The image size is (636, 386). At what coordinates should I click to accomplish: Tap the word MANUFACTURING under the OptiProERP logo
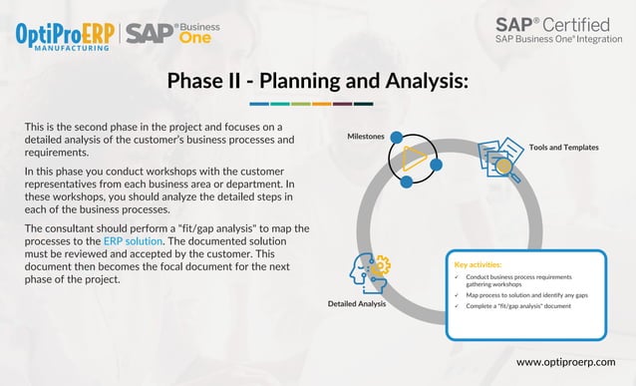(x=66, y=47)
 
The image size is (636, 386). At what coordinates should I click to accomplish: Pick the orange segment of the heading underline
(x=321, y=103)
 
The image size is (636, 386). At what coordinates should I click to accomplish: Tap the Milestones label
(x=366, y=135)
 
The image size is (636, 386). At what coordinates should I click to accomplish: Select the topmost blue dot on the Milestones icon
(x=396, y=136)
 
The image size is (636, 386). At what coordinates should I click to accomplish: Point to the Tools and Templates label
(x=563, y=147)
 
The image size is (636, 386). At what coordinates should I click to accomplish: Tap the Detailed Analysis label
(x=357, y=303)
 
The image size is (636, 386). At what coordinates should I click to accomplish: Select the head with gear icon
(x=368, y=271)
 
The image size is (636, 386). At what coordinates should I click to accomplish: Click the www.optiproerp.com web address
(x=565, y=361)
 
